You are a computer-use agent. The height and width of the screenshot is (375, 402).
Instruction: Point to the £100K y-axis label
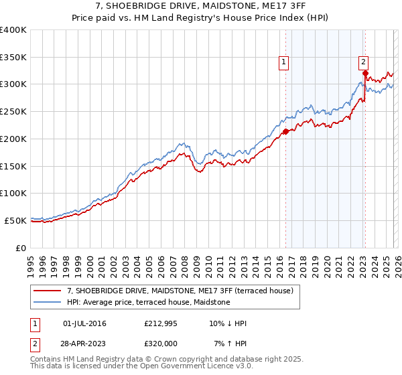13,193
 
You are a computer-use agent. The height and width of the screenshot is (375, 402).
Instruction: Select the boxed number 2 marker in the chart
364,62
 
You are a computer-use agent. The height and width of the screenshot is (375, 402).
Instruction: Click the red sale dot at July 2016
285,131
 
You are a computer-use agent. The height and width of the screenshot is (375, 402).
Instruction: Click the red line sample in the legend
48,291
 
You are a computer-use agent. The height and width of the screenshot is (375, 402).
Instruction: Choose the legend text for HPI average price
148,303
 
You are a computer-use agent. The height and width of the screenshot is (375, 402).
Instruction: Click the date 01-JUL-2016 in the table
84,323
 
